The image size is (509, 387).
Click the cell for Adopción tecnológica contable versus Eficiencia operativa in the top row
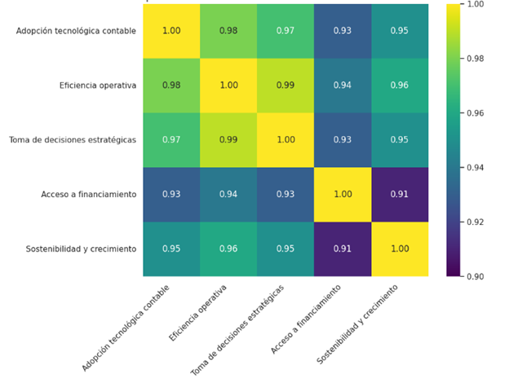click(228, 31)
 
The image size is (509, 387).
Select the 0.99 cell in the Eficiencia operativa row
click(285, 86)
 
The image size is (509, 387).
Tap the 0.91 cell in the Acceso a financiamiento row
click(400, 195)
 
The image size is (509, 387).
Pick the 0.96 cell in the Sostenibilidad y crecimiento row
click(228, 249)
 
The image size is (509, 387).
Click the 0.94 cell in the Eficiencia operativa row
click(343, 86)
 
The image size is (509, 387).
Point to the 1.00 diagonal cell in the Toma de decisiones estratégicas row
click(285, 140)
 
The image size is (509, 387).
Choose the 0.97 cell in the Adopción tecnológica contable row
click(285, 31)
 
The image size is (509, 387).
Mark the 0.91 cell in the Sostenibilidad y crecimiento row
click(343, 249)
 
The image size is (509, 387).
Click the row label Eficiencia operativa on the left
click(98, 86)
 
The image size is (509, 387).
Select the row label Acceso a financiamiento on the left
click(89, 195)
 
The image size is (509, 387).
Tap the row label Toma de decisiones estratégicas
click(73, 140)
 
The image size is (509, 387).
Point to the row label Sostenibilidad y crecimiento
click(81, 249)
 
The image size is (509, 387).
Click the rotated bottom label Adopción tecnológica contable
click(126, 328)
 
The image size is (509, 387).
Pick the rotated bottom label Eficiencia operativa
click(197, 313)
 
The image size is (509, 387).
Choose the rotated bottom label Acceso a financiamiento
click(305, 319)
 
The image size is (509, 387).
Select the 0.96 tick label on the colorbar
click(476, 113)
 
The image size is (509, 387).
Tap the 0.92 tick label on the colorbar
click(476, 222)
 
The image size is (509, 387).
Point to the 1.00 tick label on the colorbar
click(476, 4)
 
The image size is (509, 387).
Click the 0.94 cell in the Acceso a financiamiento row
click(228, 195)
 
